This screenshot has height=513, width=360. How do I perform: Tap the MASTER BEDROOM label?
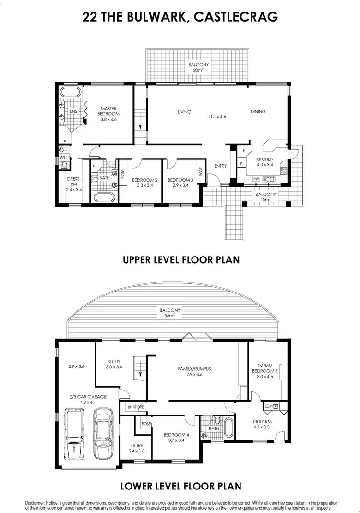click(x=109, y=111)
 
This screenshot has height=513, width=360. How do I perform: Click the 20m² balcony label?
click(x=198, y=67)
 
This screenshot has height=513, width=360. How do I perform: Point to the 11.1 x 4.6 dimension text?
click(x=216, y=116)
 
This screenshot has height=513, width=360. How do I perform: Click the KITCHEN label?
click(x=264, y=159)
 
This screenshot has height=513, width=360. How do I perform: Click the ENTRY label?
click(x=220, y=166)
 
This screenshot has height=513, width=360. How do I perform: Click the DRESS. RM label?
click(x=73, y=183)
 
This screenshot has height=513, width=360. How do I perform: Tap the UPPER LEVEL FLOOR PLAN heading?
click(x=181, y=260)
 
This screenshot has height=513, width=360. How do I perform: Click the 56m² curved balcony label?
click(x=167, y=312)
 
